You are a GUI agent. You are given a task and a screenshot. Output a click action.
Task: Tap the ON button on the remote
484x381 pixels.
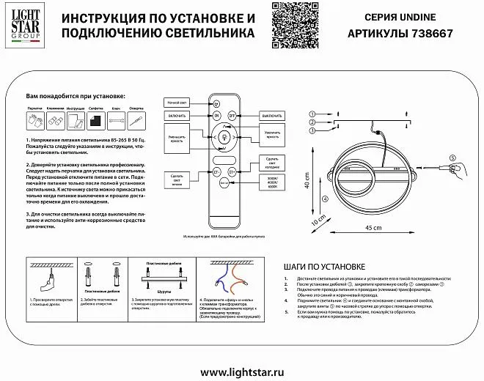tap(216, 115)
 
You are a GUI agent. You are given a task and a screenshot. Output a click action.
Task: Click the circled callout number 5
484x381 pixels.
tap(452, 158)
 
